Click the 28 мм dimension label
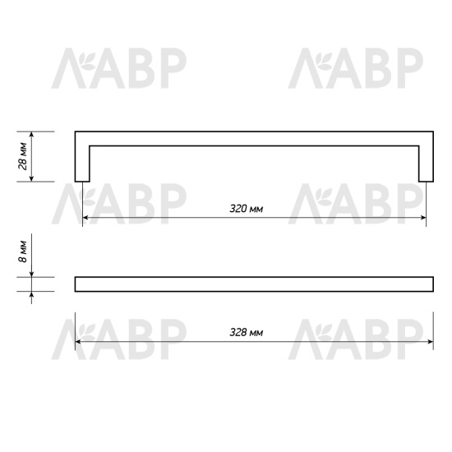click(x=23, y=156)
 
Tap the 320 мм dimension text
click(x=247, y=209)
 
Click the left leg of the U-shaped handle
click(x=82, y=160)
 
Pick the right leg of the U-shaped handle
click(x=425, y=160)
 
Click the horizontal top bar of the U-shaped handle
click(x=253, y=138)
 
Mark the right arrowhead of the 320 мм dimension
click(x=422, y=218)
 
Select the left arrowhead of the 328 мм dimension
click(x=79, y=342)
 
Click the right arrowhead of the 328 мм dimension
click(x=429, y=342)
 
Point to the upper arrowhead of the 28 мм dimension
click(x=32, y=136)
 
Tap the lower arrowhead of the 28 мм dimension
click(x=32, y=178)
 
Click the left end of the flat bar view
click(x=77, y=284)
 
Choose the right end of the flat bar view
click(x=431, y=284)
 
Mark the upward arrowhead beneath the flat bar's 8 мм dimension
click(x=32, y=295)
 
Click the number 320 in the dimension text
click(x=238, y=209)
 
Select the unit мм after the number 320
click(x=256, y=209)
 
